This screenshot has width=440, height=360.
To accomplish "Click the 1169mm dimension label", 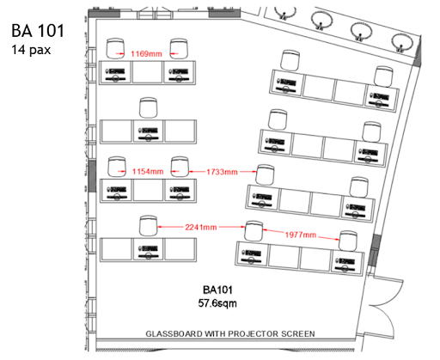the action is pos(146,54).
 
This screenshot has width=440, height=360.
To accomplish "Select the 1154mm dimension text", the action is pos(148,172).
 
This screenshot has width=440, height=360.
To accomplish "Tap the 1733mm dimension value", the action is pos(223,172).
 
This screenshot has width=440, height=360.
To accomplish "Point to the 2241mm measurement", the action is pos(201,228).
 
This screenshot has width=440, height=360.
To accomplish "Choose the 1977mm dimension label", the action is pos(301,235).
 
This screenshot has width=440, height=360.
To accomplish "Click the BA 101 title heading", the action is pos(38,31).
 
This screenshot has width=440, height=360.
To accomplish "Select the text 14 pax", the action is pos(31,50).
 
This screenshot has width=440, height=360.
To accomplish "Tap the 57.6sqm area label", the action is pos(217,303).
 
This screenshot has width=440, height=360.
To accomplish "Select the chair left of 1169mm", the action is pos(115,49).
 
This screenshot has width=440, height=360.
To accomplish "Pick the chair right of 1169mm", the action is pos(179,49).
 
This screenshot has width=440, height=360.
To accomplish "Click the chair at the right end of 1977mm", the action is pos(348,241).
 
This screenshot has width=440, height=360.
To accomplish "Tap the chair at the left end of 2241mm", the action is pos(149,226).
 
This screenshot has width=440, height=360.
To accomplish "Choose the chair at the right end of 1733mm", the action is pos(265,174).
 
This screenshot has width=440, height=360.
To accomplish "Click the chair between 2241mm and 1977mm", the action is pos(254,231).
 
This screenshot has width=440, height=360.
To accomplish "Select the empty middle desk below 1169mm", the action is pos(148,72).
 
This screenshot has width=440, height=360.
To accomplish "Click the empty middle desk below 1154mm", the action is pos(149,190).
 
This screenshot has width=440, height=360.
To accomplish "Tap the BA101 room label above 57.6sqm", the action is pos(217,290).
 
